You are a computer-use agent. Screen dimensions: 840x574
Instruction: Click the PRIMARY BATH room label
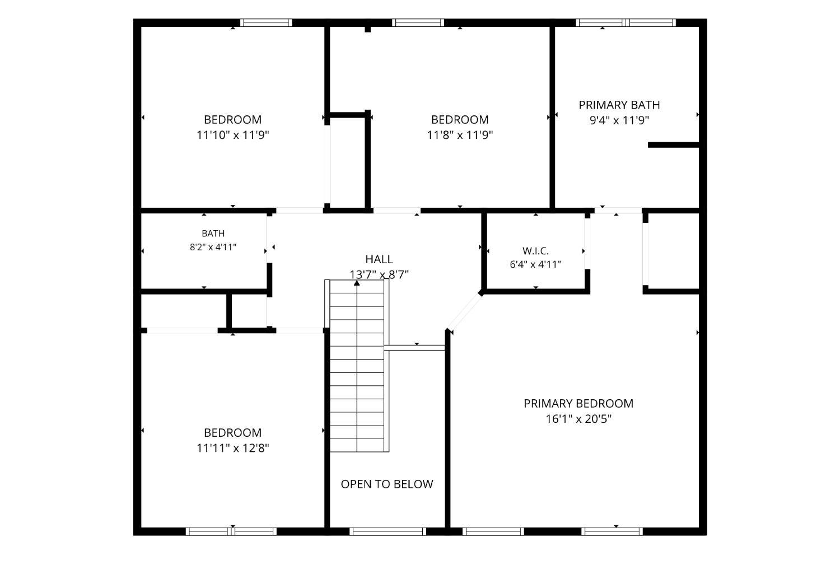[x=619, y=105]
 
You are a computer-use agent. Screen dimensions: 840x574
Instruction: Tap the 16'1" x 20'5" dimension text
[x=578, y=419]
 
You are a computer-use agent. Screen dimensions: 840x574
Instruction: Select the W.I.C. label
[x=535, y=251]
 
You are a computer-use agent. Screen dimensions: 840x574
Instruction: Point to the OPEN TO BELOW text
[x=387, y=484]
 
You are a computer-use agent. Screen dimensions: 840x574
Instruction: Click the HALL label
[x=379, y=259]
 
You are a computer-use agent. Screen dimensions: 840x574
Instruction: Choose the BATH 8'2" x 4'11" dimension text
[x=213, y=247]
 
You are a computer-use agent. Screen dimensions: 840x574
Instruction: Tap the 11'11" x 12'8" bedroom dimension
[x=233, y=448]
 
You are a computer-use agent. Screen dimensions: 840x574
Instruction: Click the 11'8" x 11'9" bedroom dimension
[x=460, y=135]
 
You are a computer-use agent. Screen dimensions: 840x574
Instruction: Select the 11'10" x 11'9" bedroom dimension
[x=233, y=135]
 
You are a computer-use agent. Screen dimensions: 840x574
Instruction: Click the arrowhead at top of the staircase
[x=357, y=283]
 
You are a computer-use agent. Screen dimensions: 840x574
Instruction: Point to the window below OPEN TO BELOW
[x=388, y=531]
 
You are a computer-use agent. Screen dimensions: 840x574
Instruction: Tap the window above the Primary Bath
[x=626, y=22]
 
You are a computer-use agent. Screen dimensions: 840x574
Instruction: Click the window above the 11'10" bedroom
[x=266, y=22]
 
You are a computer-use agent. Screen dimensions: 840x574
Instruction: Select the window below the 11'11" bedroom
[x=231, y=531]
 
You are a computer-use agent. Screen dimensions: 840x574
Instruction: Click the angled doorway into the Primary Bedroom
[x=464, y=311]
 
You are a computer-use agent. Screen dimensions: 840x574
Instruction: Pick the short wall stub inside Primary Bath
[x=674, y=144]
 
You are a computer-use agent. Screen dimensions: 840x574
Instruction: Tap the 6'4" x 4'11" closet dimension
[x=535, y=265]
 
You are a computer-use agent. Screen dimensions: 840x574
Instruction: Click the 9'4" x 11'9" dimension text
[x=619, y=120]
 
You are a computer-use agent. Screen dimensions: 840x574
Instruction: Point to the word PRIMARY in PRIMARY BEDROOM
[x=547, y=403]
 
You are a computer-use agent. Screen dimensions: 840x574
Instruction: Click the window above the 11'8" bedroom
[x=418, y=22]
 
